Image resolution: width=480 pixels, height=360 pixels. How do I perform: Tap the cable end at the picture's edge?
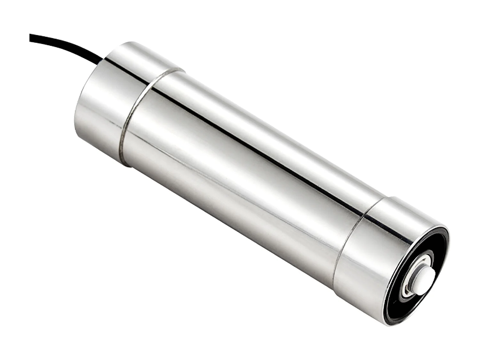[31, 37]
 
